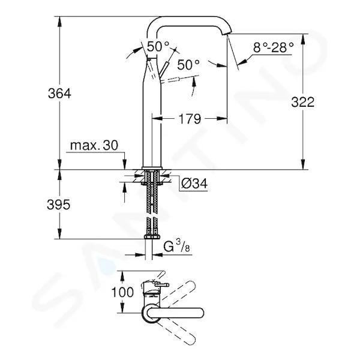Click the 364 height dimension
click(59, 94)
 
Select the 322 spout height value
click(302, 102)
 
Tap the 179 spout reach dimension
click(190, 119)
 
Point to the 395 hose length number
click(58, 205)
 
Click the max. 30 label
click(94, 145)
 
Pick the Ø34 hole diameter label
click(194, 184)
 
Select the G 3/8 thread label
click(176, 247)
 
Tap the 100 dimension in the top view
click(122, 292)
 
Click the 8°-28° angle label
click(273, 48)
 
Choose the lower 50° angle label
click(188, 65)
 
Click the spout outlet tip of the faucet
click(226, 34)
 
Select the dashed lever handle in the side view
click(170, 79)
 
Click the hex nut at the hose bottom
click(152, 237)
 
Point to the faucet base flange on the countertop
click(152, 168)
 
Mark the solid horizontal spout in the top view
click(175, 313)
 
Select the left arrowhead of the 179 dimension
click(157, 118)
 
